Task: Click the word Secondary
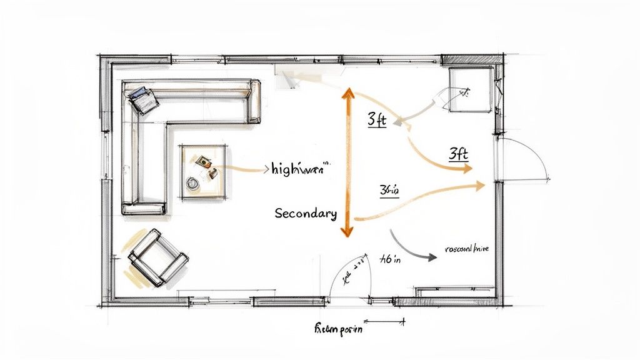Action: [x=306, y=214]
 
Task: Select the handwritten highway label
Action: [x=300, y=169]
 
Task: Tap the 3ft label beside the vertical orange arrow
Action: [x=377, y=119]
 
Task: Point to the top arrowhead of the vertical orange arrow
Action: [x=347, y=94]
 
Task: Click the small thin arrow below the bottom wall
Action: [x=390, y=322]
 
